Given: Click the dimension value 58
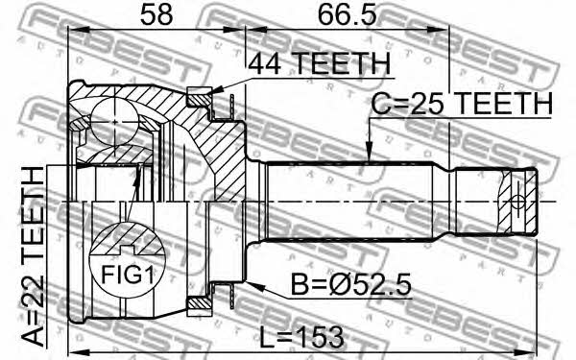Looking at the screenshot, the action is click(x=156, y=15).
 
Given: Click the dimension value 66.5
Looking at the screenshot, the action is click(x=348, y=15).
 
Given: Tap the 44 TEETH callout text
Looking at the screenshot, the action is click(x=320, y=63).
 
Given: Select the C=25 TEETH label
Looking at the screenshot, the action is click(x=462, y=104).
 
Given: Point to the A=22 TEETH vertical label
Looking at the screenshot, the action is click(x=33, y=256).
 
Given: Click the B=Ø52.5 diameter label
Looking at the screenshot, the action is click(x=350, y=284).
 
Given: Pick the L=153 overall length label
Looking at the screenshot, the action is click(x=302, y=337).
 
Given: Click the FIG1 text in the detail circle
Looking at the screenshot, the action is click(x=127, y=275).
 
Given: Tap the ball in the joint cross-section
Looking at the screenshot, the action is click(x=114, y=122).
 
